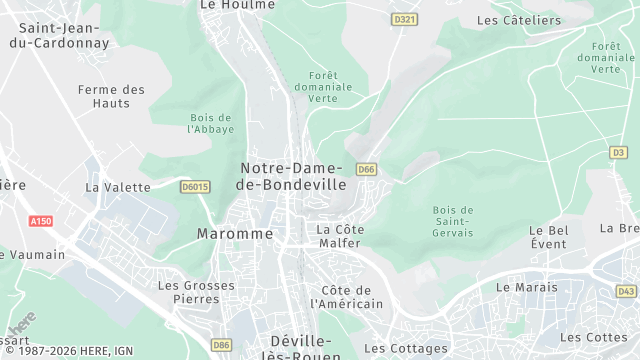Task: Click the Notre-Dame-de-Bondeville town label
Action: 293,176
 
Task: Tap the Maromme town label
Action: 235,233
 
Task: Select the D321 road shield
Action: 404,19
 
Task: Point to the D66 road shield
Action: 366,169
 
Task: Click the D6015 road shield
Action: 195,186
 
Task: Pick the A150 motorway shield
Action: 40,221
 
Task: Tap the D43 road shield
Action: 626,291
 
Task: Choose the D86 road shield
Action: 221,345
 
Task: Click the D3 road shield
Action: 618,152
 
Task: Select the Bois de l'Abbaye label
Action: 211,123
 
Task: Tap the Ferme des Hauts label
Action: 111,96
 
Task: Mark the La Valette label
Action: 118,187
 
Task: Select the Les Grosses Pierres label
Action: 188,291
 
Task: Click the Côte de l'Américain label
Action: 347,296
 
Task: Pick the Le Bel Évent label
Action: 548,237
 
